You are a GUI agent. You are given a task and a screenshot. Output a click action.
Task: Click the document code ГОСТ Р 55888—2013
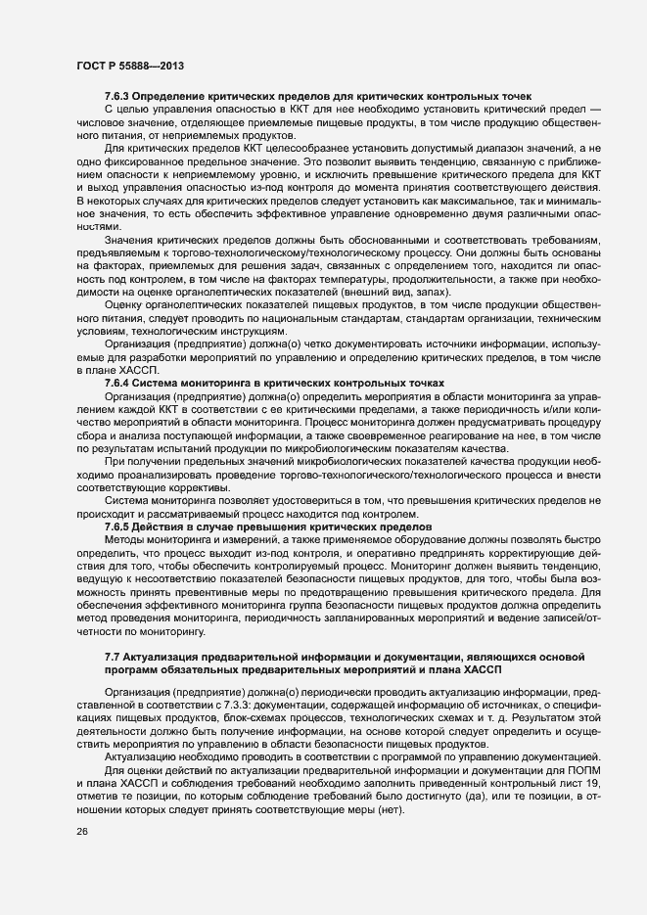pos(129,67)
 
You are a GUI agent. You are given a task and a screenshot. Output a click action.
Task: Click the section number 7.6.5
pos(117,526)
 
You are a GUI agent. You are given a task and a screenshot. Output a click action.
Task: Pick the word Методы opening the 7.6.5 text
pos(125,539)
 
